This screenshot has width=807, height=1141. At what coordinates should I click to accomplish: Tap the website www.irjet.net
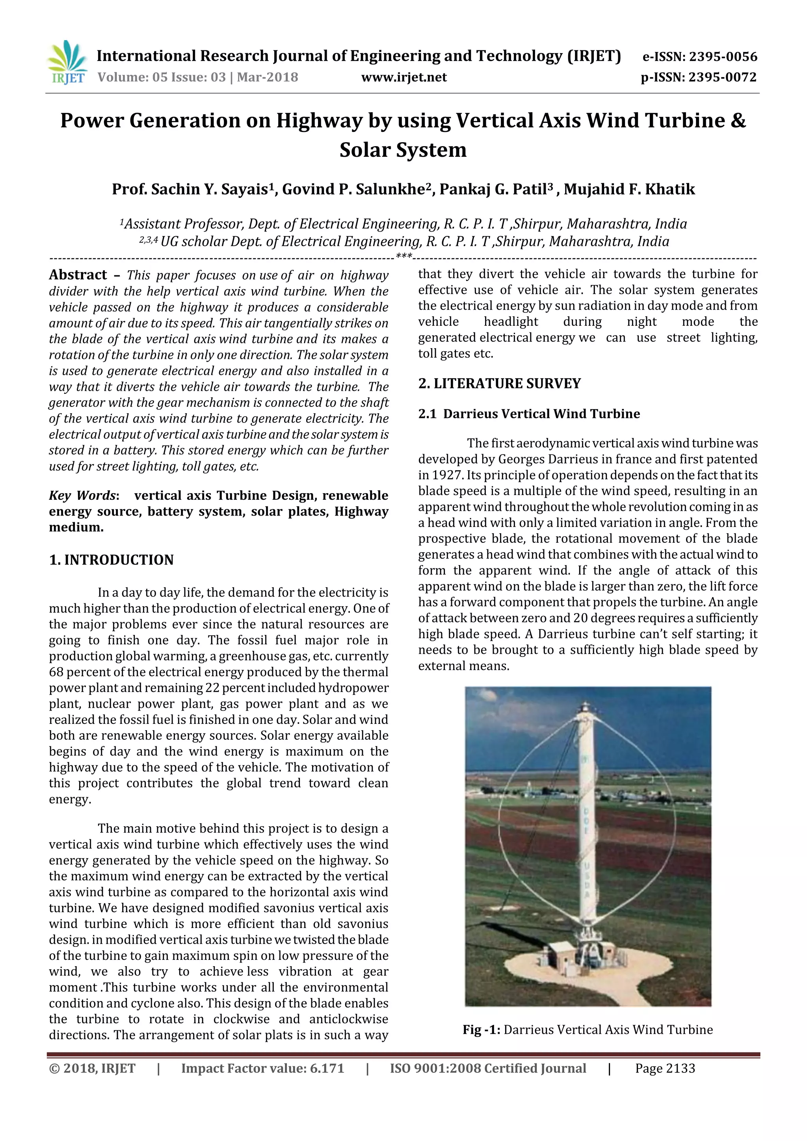(x=404, y=78)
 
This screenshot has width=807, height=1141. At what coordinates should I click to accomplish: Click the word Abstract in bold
(x=78, y=275)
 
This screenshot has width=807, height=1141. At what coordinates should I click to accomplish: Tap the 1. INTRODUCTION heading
(x=112, y=560)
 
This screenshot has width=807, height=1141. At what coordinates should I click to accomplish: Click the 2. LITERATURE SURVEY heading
(x=499, y=384)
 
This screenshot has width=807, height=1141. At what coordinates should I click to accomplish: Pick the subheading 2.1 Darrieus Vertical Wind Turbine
(x=529, y=414)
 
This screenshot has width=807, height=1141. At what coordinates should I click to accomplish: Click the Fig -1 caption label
(x=481, y=1030)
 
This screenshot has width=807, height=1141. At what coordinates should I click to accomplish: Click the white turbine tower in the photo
(x=584, y=820)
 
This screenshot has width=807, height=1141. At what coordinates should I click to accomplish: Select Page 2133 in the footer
(x=665, y=1069)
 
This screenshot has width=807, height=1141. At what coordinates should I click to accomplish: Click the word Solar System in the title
(x=403, y=150)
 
